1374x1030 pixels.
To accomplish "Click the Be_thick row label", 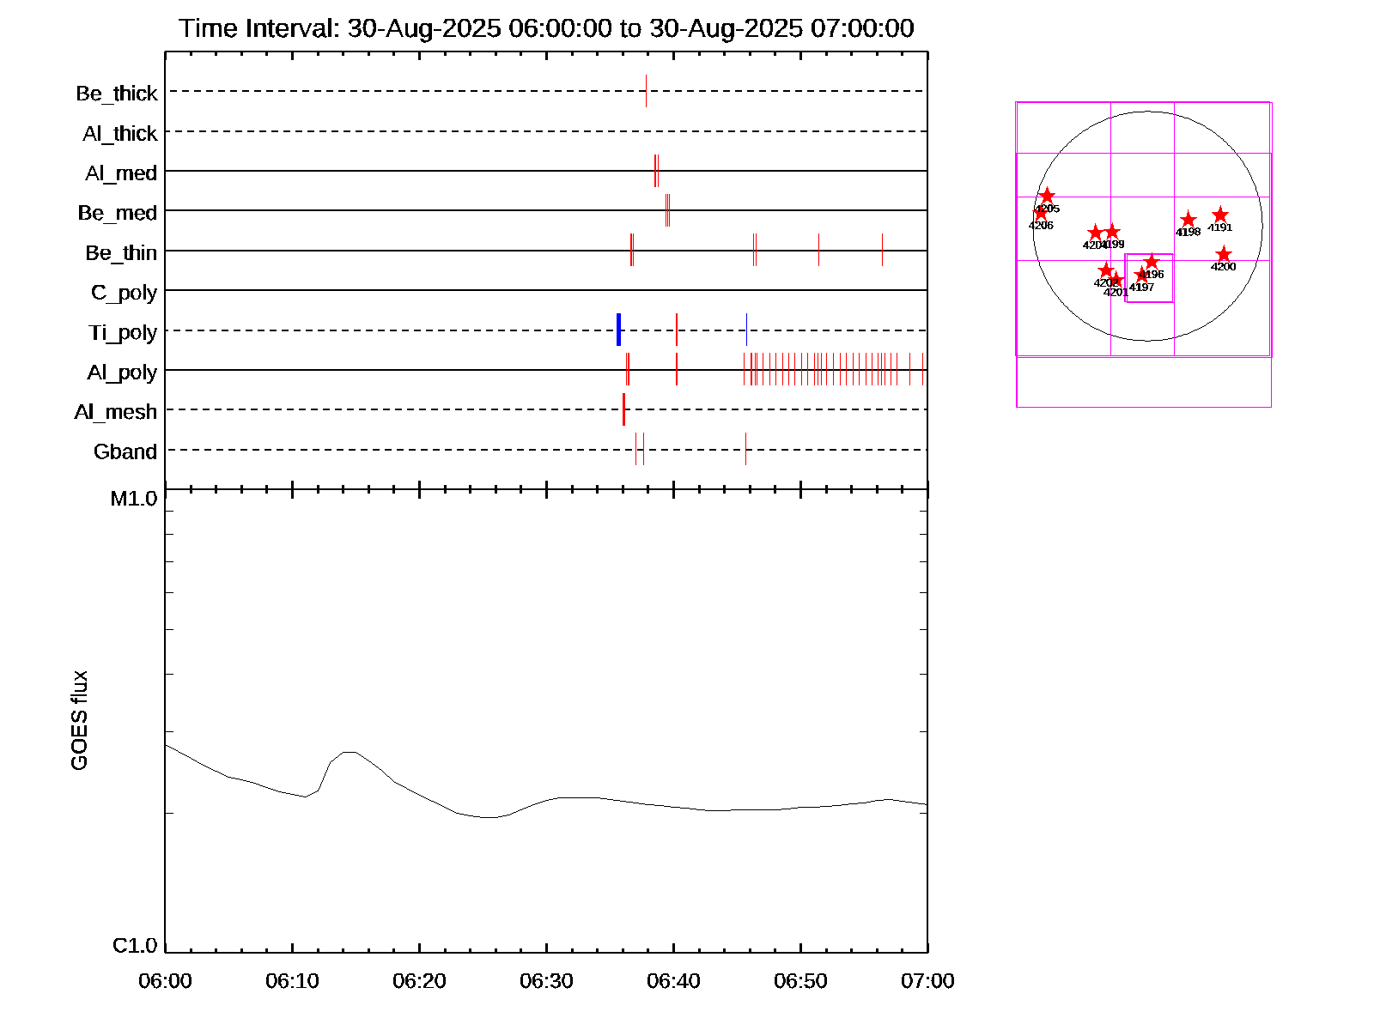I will (117, 93).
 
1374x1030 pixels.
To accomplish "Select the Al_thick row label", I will (120, 133).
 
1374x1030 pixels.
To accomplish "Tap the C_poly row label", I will (125, 293).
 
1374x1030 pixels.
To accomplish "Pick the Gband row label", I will (125, 451).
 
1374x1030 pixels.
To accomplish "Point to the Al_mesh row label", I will (116, 412).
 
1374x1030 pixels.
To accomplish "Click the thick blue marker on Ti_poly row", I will (618, 330).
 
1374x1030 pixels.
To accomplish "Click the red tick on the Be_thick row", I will (646, 91).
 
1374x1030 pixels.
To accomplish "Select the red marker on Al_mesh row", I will (623, 409).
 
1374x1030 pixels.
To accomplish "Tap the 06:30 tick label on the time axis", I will (546, 980).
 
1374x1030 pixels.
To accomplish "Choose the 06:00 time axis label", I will (165, 980).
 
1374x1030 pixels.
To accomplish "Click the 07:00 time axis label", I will (927, 980).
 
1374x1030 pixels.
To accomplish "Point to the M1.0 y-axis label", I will (134, 499).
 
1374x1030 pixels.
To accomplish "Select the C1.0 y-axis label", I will (135, 945).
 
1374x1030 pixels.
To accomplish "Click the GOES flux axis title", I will (79, 720).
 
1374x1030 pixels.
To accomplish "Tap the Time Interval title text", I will (546, 28).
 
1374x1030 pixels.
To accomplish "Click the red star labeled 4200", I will (1224, 255).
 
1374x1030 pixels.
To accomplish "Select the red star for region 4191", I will (1220, 215).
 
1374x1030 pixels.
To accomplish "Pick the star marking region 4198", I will (1189, 220).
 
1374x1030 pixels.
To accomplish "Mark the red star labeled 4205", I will (1047, 197).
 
